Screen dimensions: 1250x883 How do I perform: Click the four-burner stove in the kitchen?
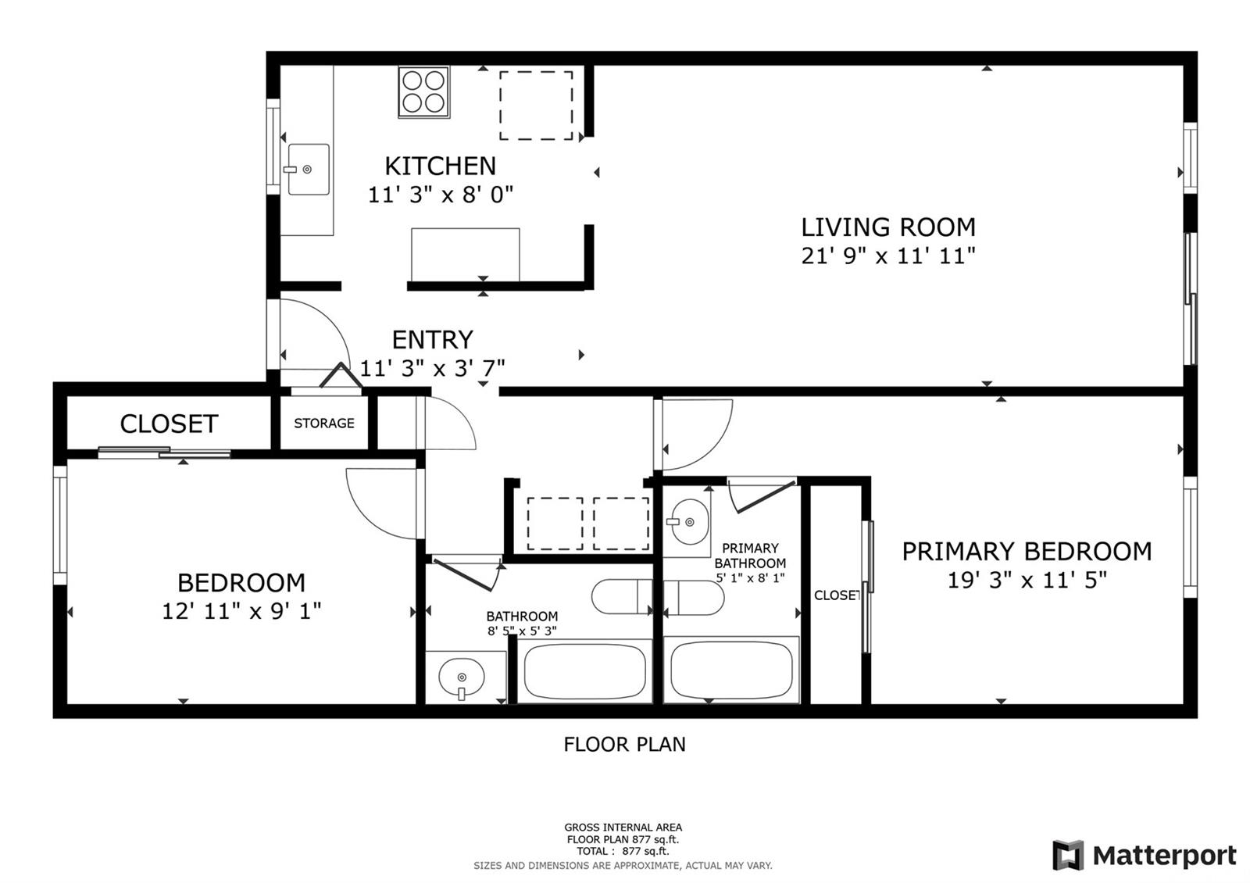click(x=424, y=92)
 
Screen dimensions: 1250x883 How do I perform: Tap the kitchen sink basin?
click(x=309, y=169)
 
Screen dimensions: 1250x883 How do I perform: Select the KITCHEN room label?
click(x=441, y=166)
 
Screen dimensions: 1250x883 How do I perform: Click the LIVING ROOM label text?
click(x=888, y=227)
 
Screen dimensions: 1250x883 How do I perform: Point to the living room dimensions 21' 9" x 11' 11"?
click(x=888, y=256)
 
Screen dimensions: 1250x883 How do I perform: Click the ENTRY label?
click(x=433, y=339)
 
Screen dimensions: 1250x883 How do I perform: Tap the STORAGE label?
click(x=324, y=423)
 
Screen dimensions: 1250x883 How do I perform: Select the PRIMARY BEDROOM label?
click(x=1027, y=552)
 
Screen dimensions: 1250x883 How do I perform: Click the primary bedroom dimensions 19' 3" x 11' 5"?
click(x=1027, y=581)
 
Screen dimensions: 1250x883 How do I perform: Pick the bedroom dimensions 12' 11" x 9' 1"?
click(x=241, y=611)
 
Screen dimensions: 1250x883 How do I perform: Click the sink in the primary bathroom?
click(x=691, y=521)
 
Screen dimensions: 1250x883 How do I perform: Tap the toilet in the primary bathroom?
click(x=694, y=598)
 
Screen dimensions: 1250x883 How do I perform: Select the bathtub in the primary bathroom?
click(x=731, y=670)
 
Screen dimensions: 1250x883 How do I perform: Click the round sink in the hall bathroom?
click(x=462, y=677)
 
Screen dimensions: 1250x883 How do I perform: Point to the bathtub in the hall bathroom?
click(x=585, y=671)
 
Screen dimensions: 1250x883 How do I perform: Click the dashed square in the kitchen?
click(x=536, y=105)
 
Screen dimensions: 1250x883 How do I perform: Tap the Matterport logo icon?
click(x=1068, y=855)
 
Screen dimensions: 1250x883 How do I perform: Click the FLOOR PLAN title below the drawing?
click(x=624, y=744)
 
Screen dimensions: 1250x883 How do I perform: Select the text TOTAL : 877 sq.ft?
click(x=623, y=851)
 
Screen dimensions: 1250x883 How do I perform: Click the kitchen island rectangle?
click(x=466, y=255)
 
